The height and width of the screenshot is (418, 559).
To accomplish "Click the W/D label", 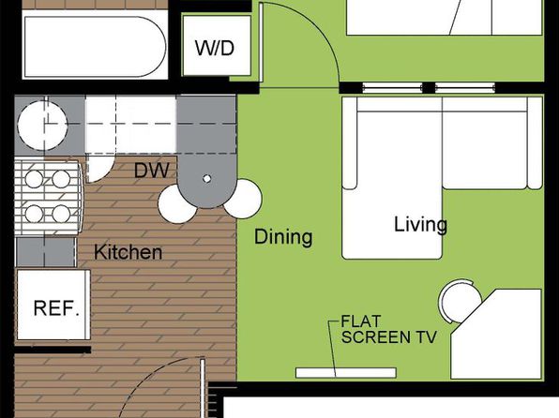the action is (215, 48).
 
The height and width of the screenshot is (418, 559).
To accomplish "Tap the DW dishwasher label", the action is (152, 171).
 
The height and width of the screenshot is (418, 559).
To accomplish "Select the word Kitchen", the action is (128, 252).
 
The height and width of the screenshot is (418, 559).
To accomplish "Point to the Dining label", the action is (283, 236).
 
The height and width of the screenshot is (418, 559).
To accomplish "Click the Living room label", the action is (420, 225).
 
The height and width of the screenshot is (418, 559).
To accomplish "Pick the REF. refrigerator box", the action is (53, 305).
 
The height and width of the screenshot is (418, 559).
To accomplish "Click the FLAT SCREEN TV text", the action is (388, 329).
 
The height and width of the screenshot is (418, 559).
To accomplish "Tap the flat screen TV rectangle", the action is (346, 373).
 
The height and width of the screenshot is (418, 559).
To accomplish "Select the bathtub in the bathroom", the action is (95, 46).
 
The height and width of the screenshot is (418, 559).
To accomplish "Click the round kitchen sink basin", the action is (42, 125).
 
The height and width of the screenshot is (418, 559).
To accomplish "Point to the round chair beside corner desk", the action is (460, 301).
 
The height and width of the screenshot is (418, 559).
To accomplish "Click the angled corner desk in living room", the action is (496, 334).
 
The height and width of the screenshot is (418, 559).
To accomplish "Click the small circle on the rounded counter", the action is (206, 178).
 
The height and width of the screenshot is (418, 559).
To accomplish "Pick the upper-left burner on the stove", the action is (34, 179).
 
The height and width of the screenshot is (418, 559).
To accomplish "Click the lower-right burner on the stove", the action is (61, 214).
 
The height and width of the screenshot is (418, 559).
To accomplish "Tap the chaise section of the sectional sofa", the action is (392, 178).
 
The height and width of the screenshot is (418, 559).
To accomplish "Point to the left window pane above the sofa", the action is (392, 87).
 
